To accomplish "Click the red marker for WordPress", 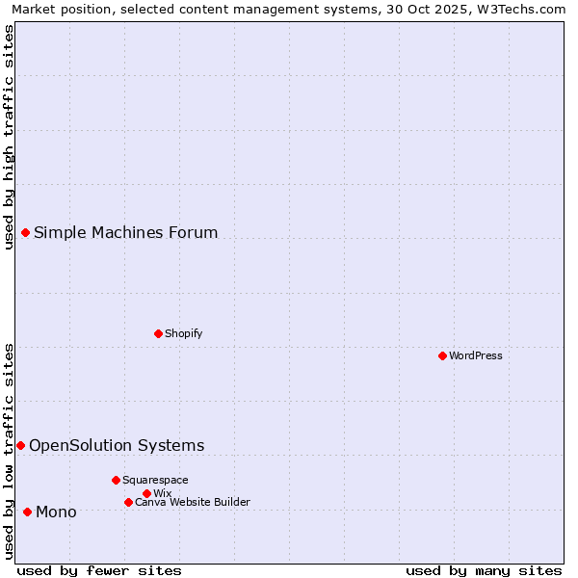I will [x=442, y=355].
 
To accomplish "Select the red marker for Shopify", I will [x=158, y=333].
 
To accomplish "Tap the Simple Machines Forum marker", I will [x=26, y=232].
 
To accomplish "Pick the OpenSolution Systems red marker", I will [x=20, y=445].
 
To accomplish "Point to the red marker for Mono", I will [x=27, y=512].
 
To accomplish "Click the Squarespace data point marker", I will [x=116, y=480].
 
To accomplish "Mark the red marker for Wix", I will [x=146, y=493].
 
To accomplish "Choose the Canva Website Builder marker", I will [x=128, y=502].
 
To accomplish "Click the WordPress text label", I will [x=476, y=355].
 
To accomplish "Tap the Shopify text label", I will [x=184, y=333].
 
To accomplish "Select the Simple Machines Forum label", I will [x=126, y=232].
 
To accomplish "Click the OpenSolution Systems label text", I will [x=117, y=445].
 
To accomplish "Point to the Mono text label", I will [x=56, y=512].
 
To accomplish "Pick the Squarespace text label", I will [x=155, y=480].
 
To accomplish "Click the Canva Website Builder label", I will [x=193, y=502].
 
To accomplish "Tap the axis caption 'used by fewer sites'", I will [x=99, y=570].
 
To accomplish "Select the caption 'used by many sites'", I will [x=484, y=570].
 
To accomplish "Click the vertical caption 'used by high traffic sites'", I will [x=9, y=137].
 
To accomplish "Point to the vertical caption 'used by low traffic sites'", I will [x=9, y=450].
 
